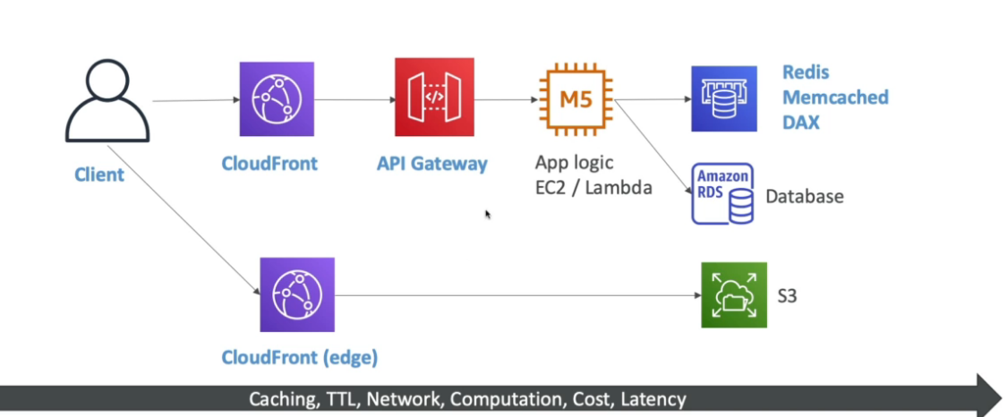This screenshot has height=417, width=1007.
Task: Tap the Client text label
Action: click(99, 174)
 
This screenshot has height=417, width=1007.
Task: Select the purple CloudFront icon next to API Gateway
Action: click(277, 98)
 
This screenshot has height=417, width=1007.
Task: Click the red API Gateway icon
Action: click(434, 97)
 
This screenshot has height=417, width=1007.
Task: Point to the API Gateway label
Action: click(432, 164)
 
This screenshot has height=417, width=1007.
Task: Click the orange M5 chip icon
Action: click(576, 98)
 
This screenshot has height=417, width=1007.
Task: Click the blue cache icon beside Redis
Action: click(723, 98)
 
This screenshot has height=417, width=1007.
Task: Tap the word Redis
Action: click(806, 73)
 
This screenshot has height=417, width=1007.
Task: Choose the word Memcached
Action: click(835, 97)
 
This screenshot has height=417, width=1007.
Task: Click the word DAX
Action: click(801, 121)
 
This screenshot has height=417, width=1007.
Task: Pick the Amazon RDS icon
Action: click(722, 193)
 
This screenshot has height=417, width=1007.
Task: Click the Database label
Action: click(805, 196)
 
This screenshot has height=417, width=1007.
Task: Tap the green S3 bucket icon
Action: click(734, 294)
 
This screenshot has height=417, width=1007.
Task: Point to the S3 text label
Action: click(787, 294)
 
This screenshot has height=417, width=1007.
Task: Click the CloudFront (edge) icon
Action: click(296, 294)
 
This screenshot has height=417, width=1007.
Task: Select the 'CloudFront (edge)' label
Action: click(300, 358)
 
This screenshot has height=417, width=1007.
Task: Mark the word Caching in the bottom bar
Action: click(280, 399)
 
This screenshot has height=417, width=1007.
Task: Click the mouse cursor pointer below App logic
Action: click(488, 215)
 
